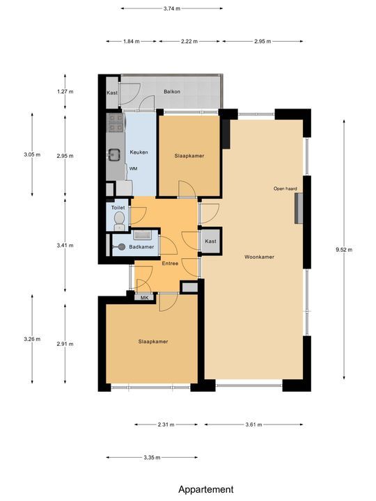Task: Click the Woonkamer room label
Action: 259,257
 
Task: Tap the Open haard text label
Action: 285,188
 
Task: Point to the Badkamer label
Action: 141,246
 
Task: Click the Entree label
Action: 170,264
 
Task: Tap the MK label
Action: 146,298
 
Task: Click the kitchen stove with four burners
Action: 116,124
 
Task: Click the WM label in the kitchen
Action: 133,168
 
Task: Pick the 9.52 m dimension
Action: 345,249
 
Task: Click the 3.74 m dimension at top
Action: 171,9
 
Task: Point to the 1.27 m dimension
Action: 65,91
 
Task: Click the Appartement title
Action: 205,489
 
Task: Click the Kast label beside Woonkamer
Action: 210,241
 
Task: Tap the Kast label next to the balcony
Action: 112,93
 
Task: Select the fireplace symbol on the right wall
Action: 298,209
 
